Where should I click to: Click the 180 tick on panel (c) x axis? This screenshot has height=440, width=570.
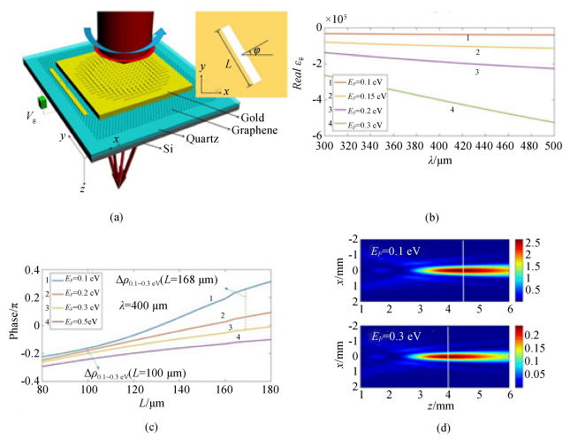tap(270, 390)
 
